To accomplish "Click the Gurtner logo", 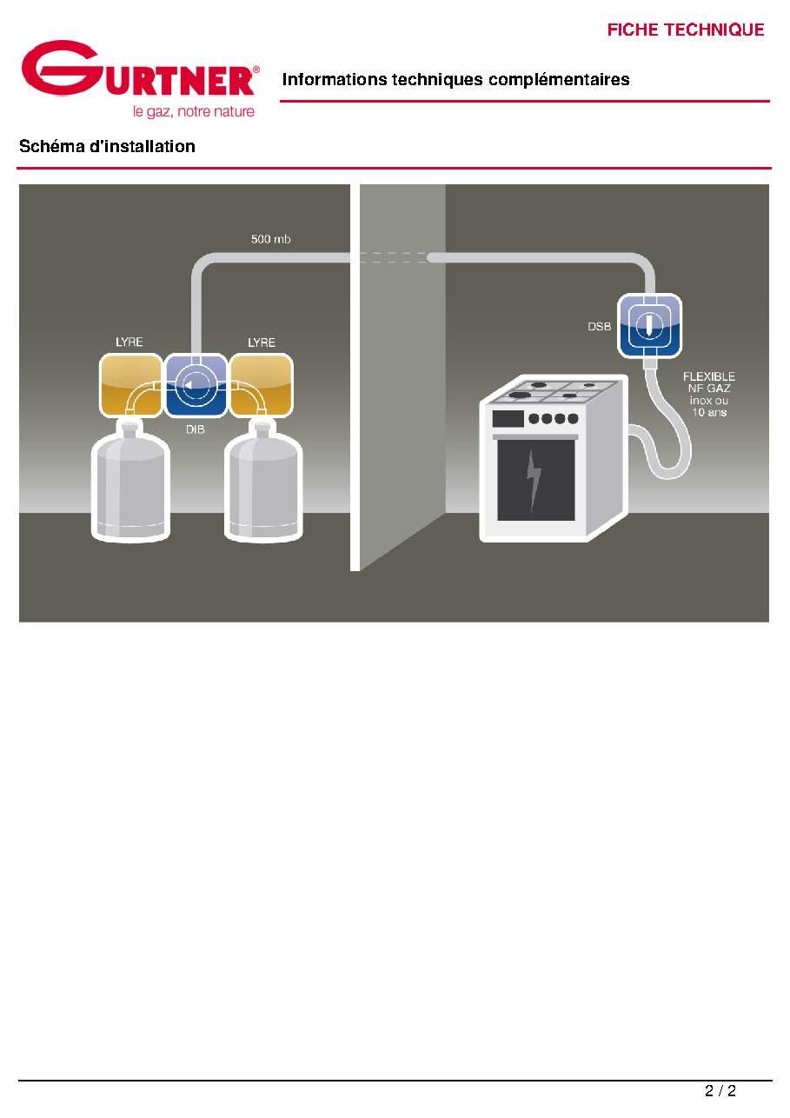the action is (140, 78).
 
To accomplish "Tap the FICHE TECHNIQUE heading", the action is (685, 30).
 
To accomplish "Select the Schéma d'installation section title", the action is (107, 146).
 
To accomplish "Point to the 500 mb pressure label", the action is (270, 239).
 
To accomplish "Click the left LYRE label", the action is (129, 342).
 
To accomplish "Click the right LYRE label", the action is (262, 343).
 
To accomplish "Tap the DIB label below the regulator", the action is (196, 429).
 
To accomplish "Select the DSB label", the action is (599, 326).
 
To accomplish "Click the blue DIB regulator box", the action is (196, 385).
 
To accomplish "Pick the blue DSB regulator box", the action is (649, 325).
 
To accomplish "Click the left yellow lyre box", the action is (130, 385).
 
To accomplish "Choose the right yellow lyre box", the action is (262, 385).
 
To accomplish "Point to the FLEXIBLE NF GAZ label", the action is (708, 395).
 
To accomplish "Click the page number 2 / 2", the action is (720, 1090).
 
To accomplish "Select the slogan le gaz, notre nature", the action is (194, 111).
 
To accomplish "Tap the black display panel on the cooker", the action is (508, 418).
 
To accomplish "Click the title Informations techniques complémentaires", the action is (455, 79).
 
